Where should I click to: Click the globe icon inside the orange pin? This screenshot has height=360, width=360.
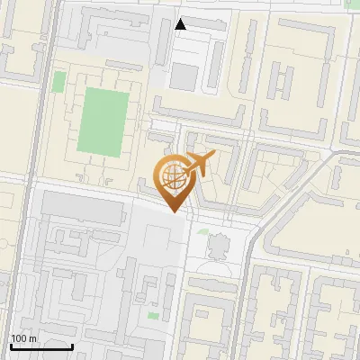pos(172,175)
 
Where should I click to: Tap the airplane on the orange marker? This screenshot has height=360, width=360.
pos(199,164)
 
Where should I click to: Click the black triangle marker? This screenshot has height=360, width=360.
pos(181,24)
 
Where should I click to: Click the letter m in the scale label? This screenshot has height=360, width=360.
pos(33,338)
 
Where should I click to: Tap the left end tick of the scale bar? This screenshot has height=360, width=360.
pos(9,345)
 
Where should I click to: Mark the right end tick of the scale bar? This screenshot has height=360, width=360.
pos(72,345)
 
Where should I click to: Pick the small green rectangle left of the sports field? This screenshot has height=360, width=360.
pos(59,82)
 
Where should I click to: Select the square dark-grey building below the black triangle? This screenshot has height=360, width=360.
pos(184,77)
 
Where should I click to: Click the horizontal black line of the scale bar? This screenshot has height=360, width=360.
pos(40,346)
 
